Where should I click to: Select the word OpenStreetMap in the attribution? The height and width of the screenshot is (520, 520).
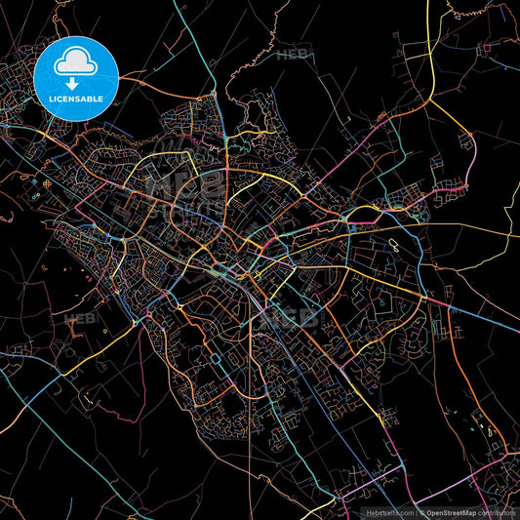click(x=450, y=512)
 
